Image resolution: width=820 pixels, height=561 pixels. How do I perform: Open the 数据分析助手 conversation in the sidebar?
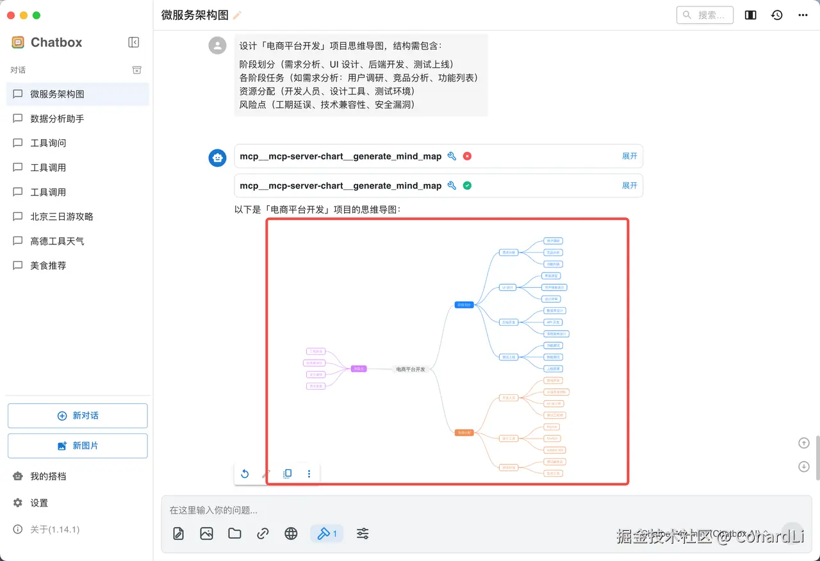[57, 119]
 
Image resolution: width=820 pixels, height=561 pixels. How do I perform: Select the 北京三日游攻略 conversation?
[61, 217]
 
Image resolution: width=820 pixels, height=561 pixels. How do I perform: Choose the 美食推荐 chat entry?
[48, 265]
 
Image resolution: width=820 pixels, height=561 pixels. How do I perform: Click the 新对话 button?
[78, 415]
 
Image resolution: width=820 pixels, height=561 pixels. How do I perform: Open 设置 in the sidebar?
[39, 503]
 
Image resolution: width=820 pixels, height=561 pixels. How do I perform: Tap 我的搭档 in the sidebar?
[48, 476]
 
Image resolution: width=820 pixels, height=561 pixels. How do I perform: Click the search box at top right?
[705, 15]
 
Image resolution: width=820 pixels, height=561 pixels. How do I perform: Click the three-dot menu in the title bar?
[803, 15]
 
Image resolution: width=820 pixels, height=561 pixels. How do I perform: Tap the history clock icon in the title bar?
[776, 15]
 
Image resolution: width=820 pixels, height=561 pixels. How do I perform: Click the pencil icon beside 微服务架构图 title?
[238, 15]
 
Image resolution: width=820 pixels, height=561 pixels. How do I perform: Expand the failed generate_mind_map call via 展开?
[630, 156]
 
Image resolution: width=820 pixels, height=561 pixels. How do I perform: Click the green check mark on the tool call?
[467, 185]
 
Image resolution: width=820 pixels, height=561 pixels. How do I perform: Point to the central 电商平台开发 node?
[411, 369]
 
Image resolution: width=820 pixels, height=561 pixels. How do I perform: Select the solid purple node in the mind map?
[359, 369]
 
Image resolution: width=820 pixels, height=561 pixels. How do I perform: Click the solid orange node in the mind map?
[464, 433]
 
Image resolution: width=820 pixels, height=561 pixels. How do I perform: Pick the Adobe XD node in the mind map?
[554, 450]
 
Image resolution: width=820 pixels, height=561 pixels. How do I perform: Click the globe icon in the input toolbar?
[291, 533]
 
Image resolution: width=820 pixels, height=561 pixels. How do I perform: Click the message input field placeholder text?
[213, 510]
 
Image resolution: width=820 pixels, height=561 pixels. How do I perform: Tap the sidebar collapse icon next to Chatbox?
[133, 42]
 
